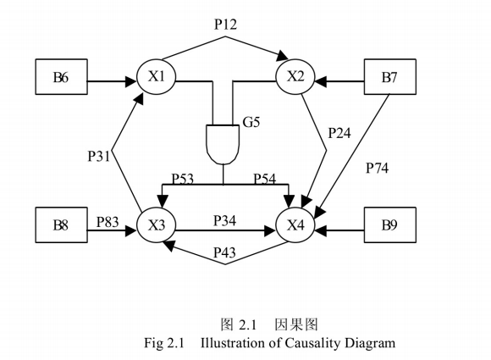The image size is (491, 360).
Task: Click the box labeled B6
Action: click(61, 79)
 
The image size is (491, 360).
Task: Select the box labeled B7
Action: click(389, 79)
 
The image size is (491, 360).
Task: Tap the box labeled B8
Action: click(61, 226)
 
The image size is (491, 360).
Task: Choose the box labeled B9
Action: click(389, 226)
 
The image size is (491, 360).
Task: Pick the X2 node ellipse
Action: click(295, 78)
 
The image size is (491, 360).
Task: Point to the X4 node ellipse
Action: click(295, 226)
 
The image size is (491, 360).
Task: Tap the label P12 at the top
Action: click(225, 25)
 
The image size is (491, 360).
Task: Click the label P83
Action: click(108, 219)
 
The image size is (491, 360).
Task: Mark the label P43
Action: click(225, 252)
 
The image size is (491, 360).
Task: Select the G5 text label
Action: click(251, 122)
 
